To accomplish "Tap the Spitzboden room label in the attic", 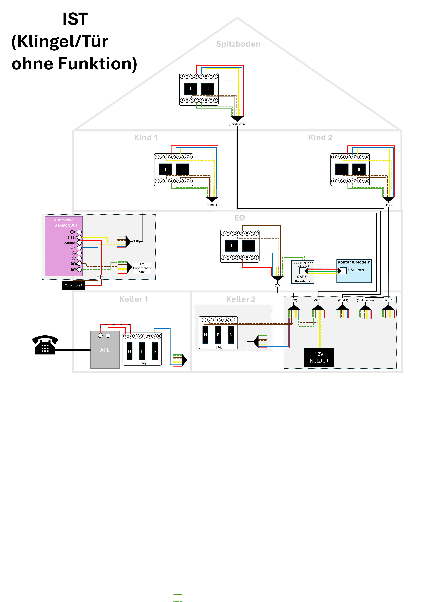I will [238, 44].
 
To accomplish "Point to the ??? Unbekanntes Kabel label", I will [142, 268].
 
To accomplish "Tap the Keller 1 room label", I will [133, 299].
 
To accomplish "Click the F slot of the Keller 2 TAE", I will [218, 335].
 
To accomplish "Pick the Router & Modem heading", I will [354, 262].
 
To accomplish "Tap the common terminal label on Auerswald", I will [70, 242].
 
